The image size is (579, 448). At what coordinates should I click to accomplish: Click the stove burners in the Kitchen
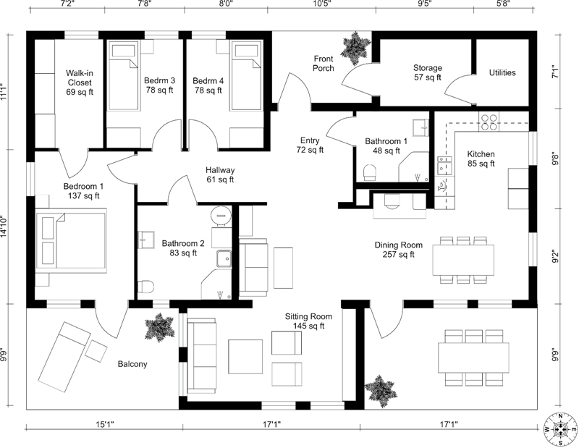point(489,119)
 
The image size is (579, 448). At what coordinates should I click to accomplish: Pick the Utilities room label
point(502,72)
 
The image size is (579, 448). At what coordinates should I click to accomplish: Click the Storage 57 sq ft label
point(428,72)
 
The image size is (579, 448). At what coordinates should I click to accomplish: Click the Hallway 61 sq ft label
point(220,174)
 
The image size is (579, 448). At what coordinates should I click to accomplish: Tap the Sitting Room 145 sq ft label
point(308,322)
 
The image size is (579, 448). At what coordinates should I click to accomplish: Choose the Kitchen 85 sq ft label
point(481,159)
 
